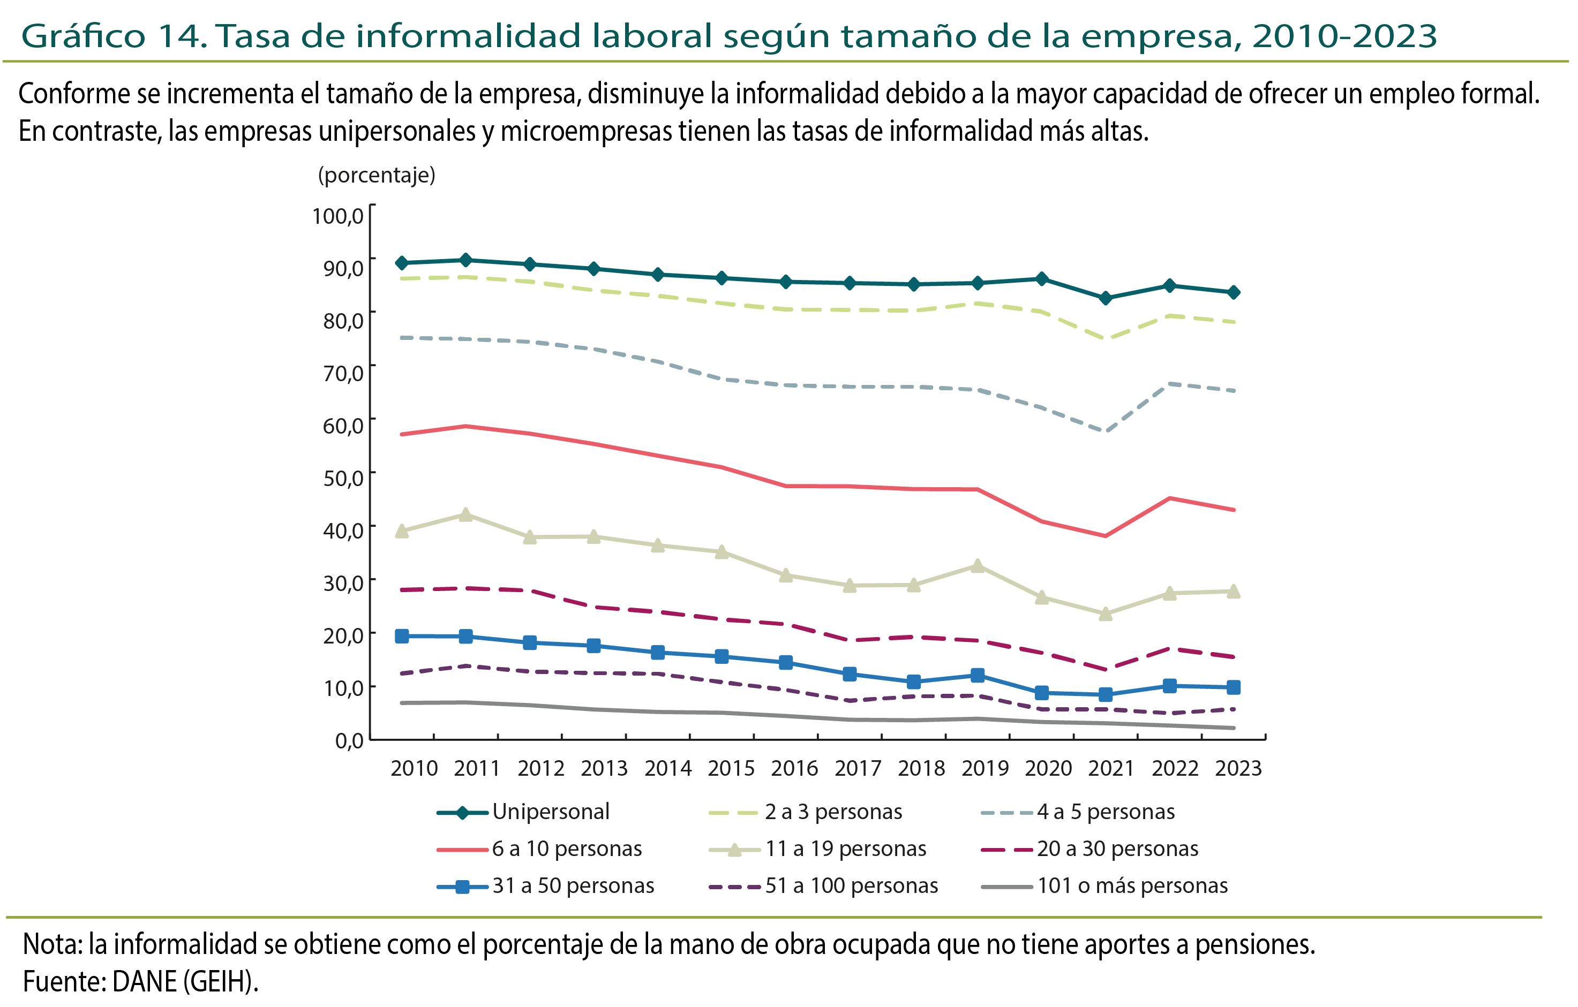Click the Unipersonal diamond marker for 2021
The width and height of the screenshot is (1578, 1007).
pyautogui.click(x=1106, y=298)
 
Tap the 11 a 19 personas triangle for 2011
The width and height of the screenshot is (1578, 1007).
pyautogui.click(x=465, y=515)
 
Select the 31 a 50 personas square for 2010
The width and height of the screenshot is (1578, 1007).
pyautogui.click(x=402, y=636)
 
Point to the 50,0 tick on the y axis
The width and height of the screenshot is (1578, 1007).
pyautogui.click(x=343, y=478)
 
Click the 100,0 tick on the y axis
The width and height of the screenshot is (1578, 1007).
pyautogui.click(x=337, y=216)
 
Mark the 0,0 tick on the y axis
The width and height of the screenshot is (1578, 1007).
pyautogui.click(x=349, y=741)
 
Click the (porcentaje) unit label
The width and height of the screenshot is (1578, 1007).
pyautogui.click(x=376, y=175)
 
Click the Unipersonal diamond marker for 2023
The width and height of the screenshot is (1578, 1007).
pyautogui.click(x=1233, y=292)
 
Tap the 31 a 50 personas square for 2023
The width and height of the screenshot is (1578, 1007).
pyautogui.click(x=1233, y=687)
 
